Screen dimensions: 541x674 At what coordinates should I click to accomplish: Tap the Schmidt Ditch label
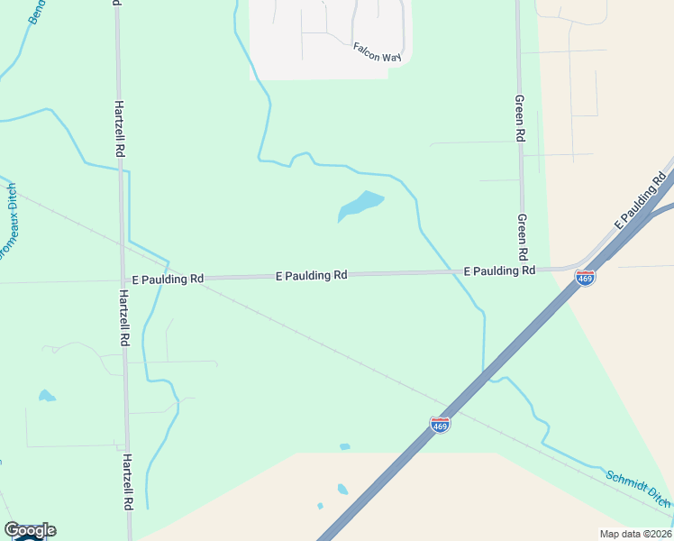point(638,488)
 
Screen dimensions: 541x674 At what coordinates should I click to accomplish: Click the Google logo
point(30,530)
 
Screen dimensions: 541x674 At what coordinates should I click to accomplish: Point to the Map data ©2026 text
point(634,534)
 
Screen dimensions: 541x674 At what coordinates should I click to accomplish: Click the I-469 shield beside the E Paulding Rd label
point(585,278)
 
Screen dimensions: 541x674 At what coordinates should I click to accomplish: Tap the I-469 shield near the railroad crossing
point(440,424)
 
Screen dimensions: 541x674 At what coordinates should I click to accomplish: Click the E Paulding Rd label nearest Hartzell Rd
point(167,280)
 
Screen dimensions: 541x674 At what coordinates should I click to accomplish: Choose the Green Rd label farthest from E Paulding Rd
point(519,118)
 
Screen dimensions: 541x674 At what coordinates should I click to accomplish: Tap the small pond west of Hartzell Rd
point(46,396)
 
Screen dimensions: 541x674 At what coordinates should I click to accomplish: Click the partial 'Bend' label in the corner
point(37,11)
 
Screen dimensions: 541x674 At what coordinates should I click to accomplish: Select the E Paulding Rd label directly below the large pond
point(312,275)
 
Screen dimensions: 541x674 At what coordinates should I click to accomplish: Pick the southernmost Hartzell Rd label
point(127,480)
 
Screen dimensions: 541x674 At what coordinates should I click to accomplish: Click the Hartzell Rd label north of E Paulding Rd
point(118,128)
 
